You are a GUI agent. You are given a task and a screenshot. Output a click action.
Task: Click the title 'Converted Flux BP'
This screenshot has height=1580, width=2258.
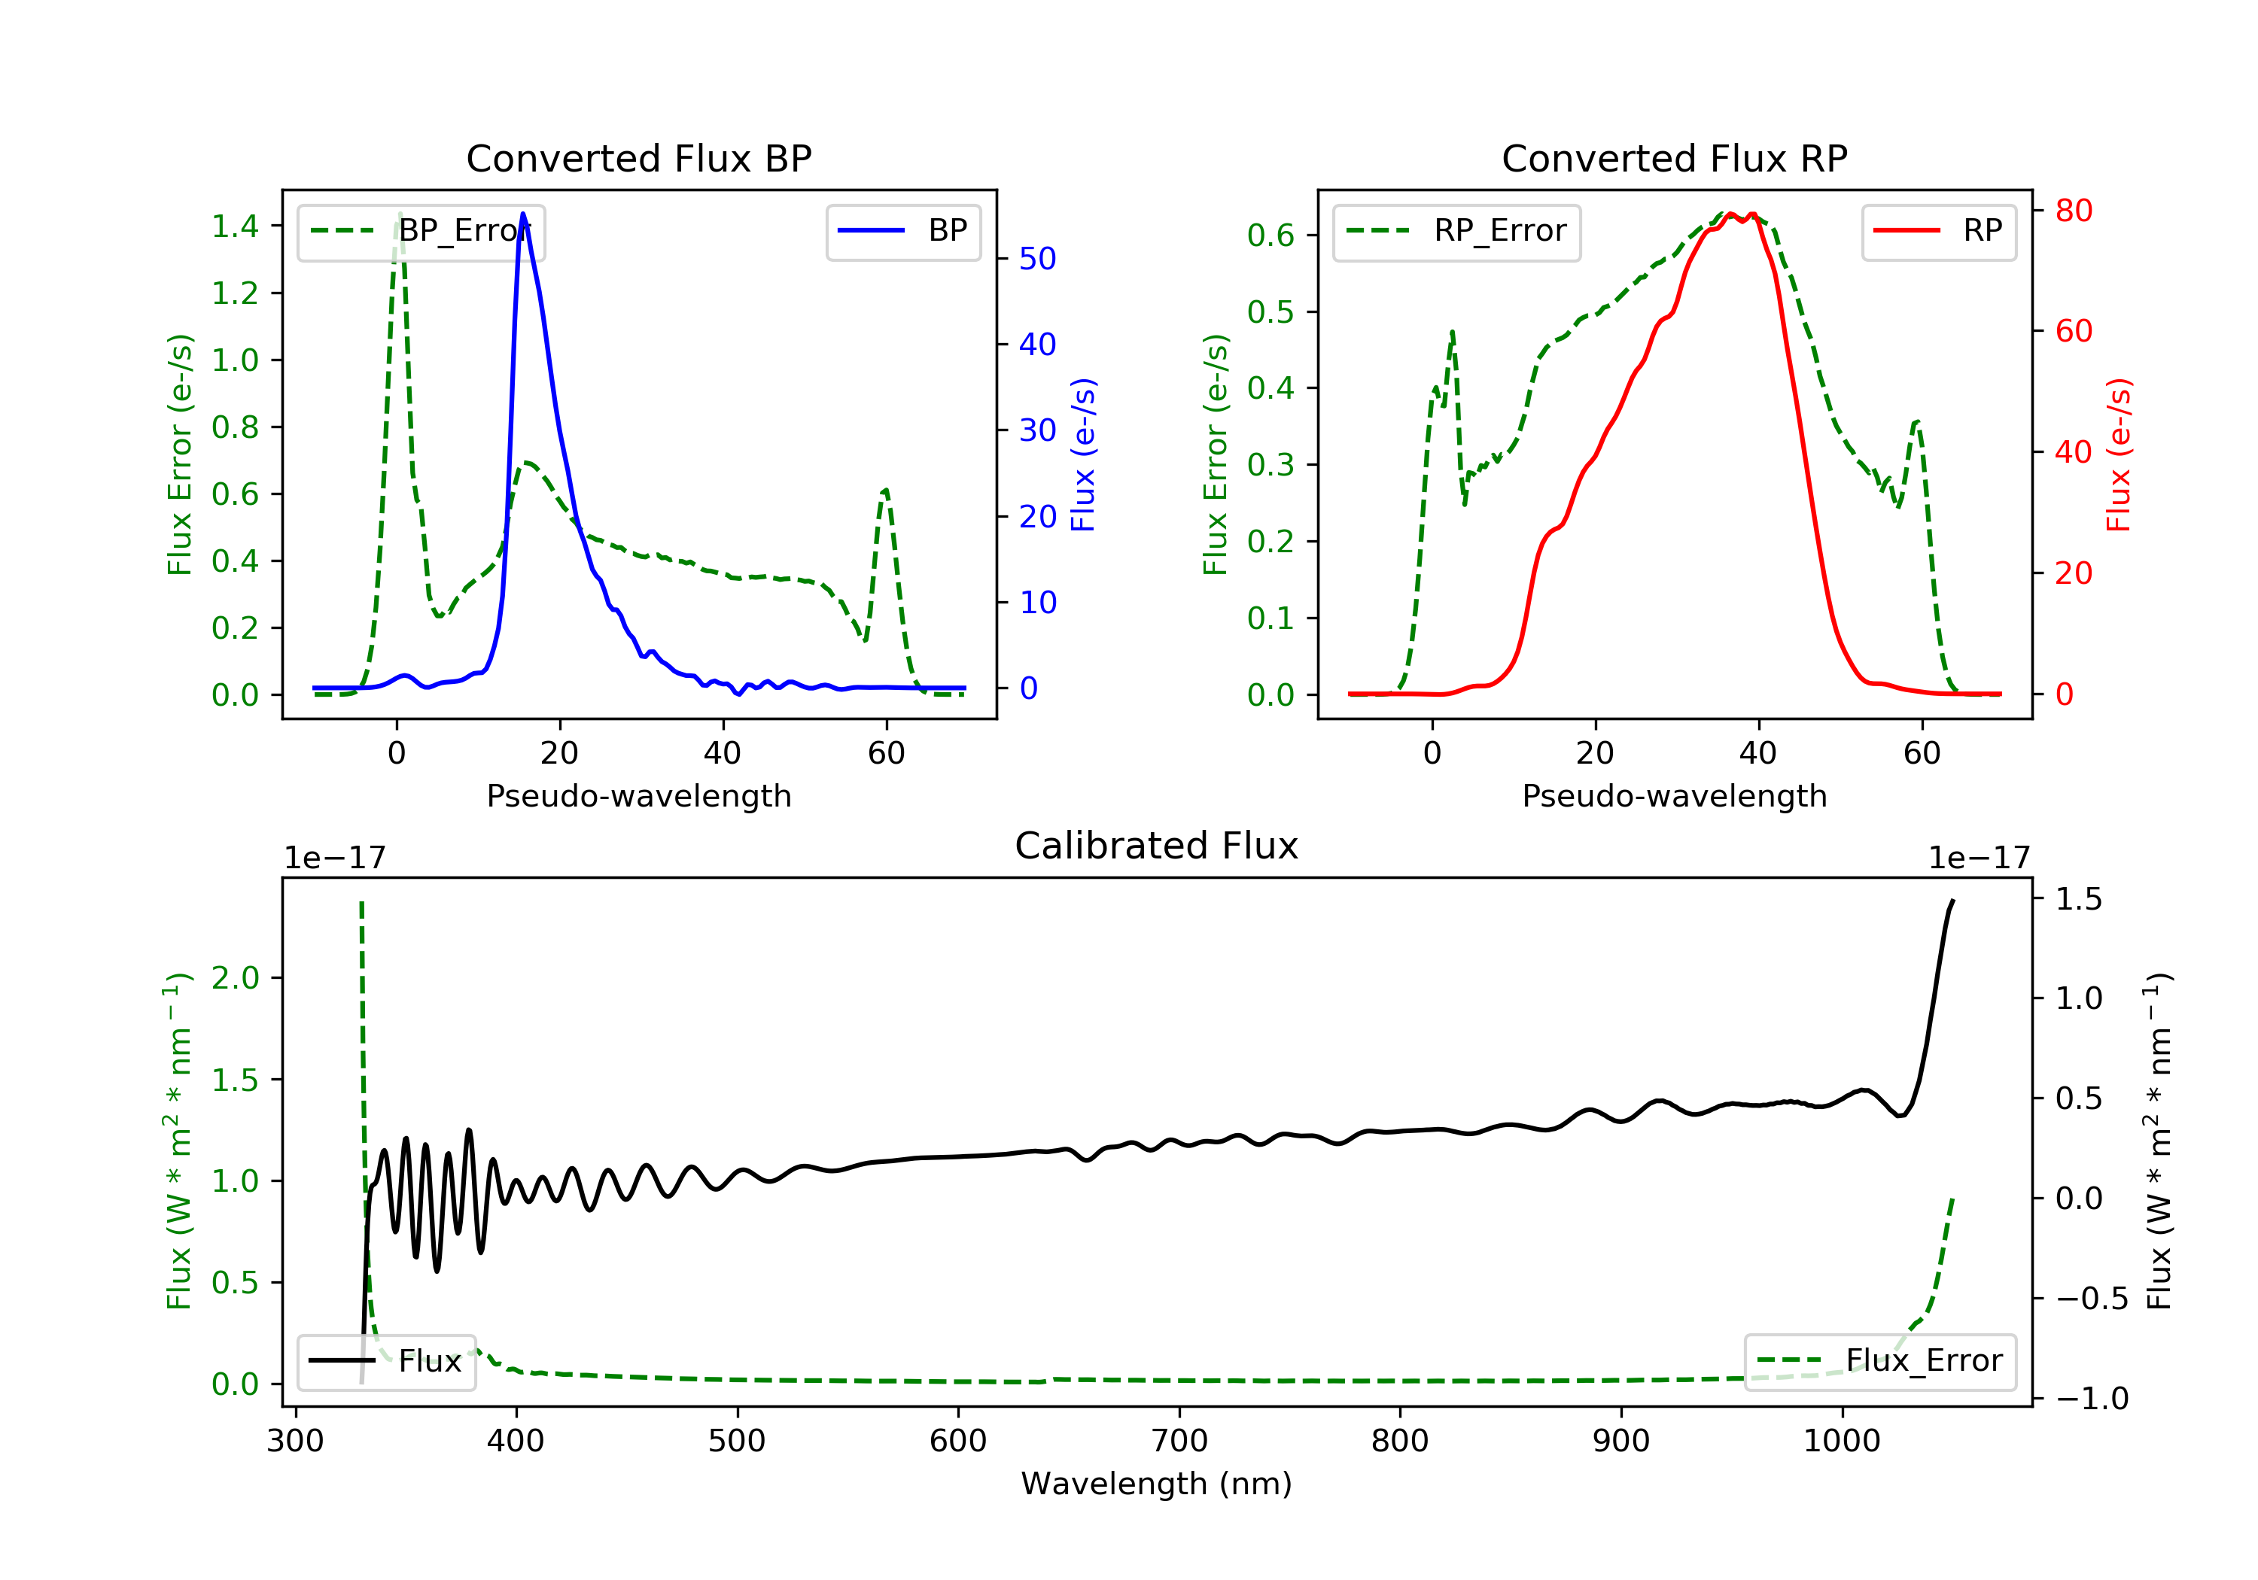click(x=639, y=158)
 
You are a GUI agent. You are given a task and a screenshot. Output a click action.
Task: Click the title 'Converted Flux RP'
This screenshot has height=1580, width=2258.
click(x=1675, y=158)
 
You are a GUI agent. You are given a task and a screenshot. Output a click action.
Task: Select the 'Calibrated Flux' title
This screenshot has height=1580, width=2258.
click(x=1157, y=846)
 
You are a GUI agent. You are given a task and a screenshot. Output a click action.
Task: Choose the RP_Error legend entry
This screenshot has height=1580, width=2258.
click(x=1456, y=231)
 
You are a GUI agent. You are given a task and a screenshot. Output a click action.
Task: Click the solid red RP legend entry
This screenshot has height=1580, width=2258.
click(x=1938, y=231)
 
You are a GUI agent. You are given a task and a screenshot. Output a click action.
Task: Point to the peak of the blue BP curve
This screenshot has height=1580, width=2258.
click(x=523, y=214)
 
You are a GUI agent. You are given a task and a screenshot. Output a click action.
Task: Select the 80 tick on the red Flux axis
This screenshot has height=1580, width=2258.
click(x=2073, y=211)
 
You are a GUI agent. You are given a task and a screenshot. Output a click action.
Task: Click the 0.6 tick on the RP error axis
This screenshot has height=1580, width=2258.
click(x=1271, y=235)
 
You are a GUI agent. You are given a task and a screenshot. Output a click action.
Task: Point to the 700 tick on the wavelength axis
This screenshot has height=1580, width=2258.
click(x=1179, y=1440)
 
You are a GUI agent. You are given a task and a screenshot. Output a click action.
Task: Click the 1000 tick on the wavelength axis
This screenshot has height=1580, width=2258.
click(x=1842, y=1440)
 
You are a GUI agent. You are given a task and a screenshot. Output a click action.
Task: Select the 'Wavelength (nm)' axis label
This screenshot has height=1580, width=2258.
click(x=1157, y=1484)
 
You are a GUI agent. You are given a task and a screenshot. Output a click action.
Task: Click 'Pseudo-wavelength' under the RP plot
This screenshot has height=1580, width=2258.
click(x=1675, y=795)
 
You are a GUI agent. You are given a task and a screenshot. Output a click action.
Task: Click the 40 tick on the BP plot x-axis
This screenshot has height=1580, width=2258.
click(x=723, y=753)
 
